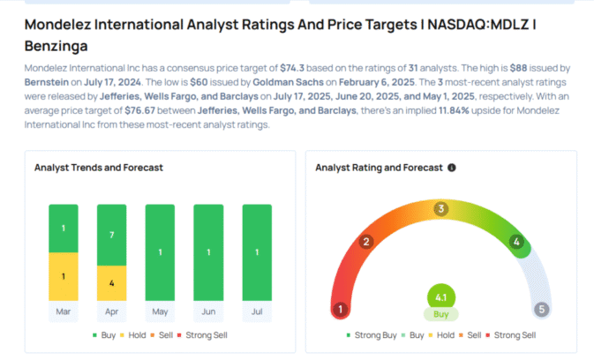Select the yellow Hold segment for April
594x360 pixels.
point(111,283)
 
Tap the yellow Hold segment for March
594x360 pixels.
point(63,276)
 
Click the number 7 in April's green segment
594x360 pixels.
point(111,236)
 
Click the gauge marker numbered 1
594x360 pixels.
point(341,310)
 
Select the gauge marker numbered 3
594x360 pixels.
point(441,209)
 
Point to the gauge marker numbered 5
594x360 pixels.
point(543,310)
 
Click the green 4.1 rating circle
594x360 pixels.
point(441,297)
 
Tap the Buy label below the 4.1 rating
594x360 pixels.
point(441,314)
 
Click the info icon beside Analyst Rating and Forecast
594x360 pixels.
point(452,167)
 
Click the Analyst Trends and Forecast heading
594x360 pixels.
point(98,167)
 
